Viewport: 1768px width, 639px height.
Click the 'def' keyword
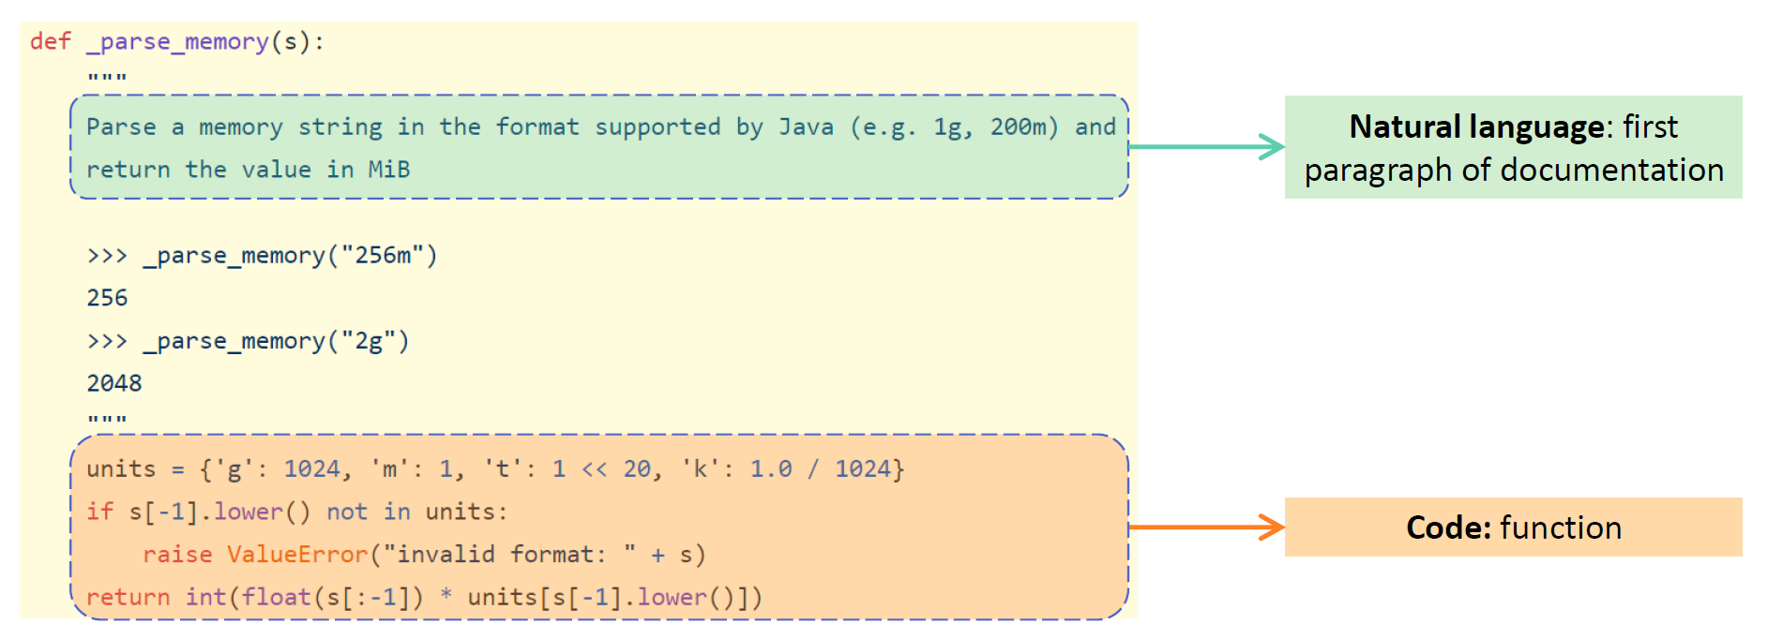[51, 41]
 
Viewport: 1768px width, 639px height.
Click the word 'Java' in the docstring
[805, 126]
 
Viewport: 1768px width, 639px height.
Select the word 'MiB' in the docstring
[388, 170]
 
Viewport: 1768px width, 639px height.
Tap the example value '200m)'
[1024, 126]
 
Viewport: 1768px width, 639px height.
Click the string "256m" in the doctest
[383, 255]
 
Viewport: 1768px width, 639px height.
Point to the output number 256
[107, 298]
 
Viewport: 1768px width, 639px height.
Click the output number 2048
[114, 383]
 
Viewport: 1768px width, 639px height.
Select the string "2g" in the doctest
[369, 341]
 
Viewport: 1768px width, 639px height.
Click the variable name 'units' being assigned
[121, 468]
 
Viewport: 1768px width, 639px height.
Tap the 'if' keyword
[99, 512]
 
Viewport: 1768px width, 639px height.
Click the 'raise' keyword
[177, 555]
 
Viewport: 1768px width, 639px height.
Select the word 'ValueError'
[297, 555]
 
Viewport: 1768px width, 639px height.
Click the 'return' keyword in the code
[128, 597]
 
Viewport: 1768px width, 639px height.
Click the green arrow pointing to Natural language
[1206, 147]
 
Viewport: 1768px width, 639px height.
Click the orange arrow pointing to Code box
[1206, 528]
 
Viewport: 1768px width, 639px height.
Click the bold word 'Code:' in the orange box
[1448, 528]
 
